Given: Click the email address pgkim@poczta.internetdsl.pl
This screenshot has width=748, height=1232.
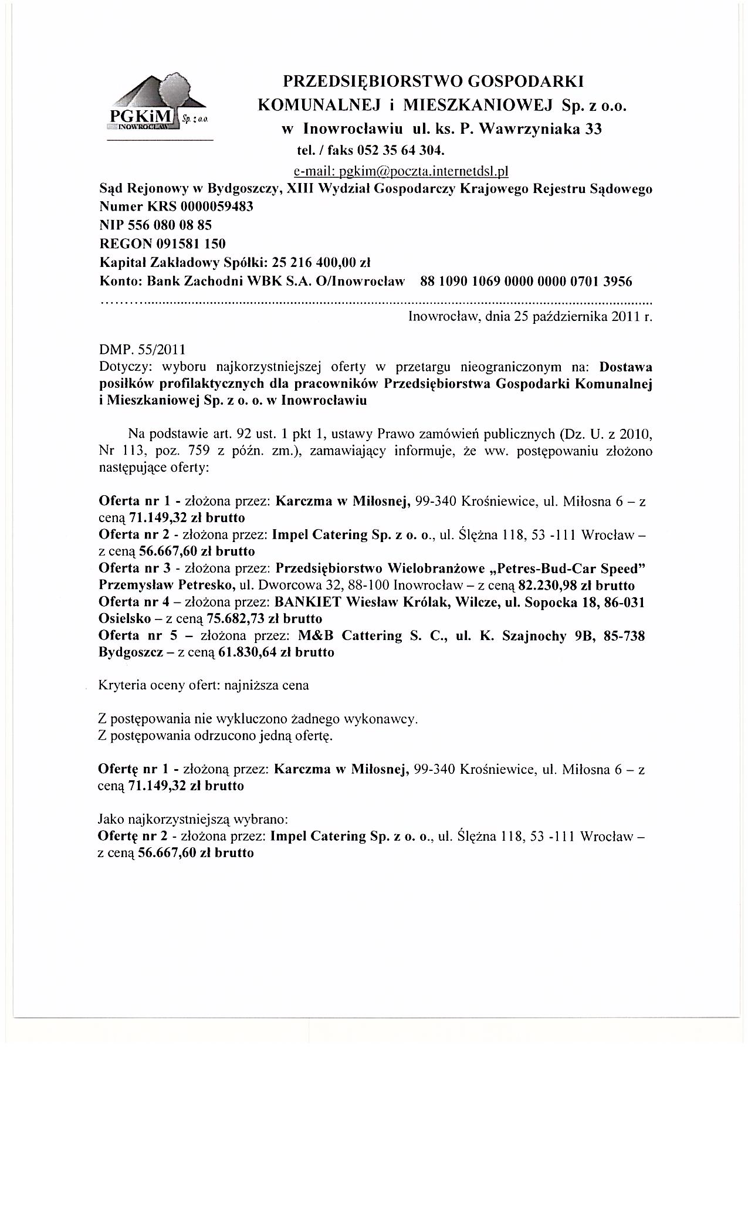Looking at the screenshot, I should coord(400,171).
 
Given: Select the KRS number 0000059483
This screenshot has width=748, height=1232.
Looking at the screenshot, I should coord(218,207).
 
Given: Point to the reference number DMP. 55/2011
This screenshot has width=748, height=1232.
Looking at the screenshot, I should coord(143,350).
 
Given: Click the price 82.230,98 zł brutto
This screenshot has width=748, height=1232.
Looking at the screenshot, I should coord(577,585).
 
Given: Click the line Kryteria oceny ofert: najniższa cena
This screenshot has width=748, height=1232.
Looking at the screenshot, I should coord(204,685).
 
